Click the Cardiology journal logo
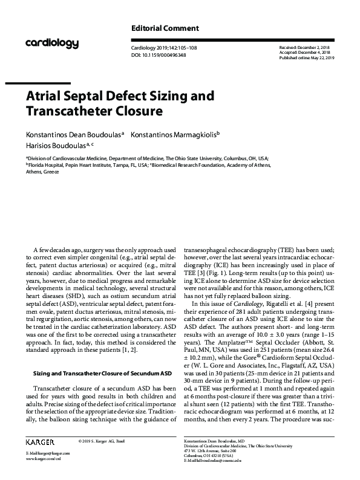[52, 43]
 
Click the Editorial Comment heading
[165, 28]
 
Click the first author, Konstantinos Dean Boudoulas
[73, 134]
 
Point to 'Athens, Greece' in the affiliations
[42, 171]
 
